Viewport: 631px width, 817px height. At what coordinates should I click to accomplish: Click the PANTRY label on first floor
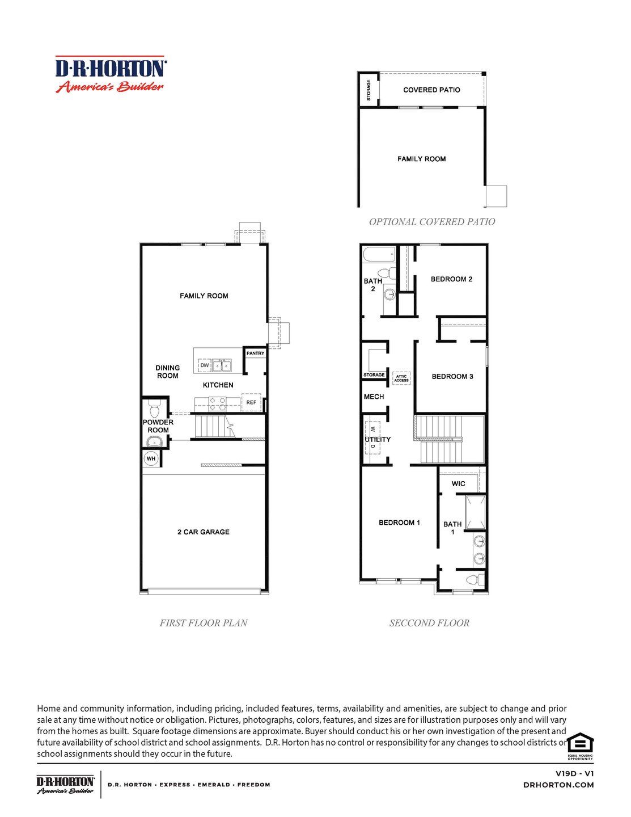255,353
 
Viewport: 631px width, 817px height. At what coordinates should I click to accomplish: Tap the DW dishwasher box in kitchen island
204,365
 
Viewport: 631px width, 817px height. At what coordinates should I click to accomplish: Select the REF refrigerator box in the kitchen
251,403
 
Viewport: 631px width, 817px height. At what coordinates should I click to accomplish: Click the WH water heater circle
151,458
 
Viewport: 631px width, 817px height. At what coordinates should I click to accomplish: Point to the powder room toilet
154,408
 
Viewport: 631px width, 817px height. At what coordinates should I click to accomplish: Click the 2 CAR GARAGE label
203,532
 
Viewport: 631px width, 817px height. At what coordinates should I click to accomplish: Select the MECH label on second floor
374,397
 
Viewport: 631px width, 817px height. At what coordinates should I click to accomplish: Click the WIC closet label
458,484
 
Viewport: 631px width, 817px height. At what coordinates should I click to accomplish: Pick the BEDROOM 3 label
452,377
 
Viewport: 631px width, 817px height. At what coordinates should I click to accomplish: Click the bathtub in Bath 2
379,255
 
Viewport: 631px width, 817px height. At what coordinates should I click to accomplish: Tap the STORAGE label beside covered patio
369,90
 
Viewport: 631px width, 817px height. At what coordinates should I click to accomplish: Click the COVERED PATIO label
431,90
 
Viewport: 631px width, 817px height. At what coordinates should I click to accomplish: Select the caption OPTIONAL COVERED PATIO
432,222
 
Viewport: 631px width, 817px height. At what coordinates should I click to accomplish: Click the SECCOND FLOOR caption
429,623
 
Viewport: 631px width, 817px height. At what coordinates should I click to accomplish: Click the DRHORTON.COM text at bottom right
558,785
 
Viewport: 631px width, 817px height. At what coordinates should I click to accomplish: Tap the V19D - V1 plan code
574,773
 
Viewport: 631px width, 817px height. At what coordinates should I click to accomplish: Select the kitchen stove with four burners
218,404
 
